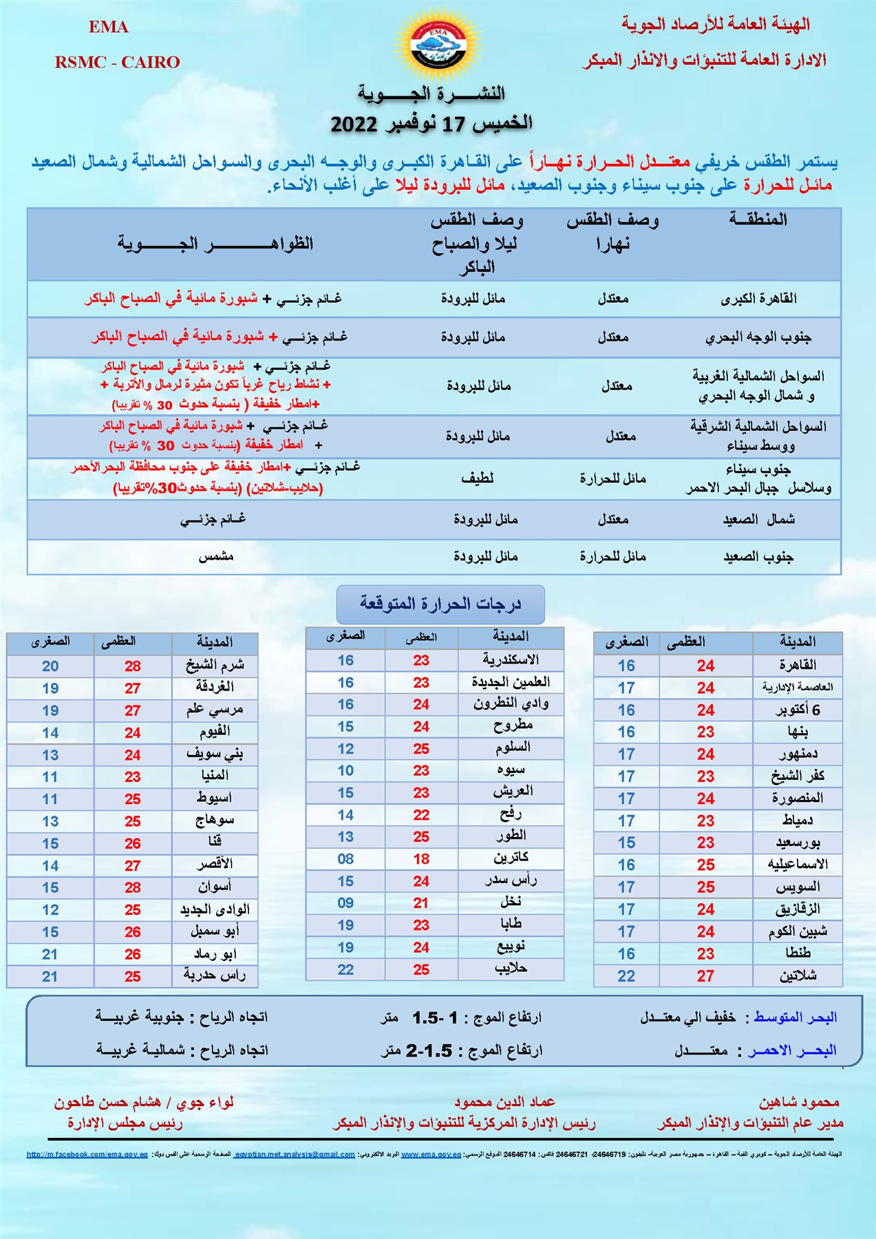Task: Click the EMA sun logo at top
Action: click(x=438, y=45)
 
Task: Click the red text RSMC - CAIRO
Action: click(x=117, y=62)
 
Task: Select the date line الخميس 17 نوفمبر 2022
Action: click(x=431, y=124)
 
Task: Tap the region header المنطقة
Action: click(x=758, y=220)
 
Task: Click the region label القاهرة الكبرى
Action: click(x=758, y=299)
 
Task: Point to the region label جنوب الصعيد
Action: click(x=758, y=556)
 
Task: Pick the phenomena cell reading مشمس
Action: click(x=216, y=556)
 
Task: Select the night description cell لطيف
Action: click(x=477, y=478)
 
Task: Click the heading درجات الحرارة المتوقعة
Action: click(x=440, y=604)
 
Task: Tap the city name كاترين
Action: click(x=511, y=858)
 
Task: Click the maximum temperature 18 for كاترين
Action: click(x=421, y=859)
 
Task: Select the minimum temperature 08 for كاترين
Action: click(x=345, y=859)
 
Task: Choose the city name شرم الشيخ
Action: click(x=215, y=666)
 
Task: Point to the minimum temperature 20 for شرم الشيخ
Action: click(x=50, y=666)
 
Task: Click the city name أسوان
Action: click(x=215, y=887)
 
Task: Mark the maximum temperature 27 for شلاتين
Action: click(x=705, y=976)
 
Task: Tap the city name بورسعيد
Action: click(x=798, y=843)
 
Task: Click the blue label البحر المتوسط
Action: click(x=795, y=1017)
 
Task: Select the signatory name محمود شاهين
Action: click(x=799, y=1102)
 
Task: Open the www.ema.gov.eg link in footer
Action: click(x=431, y=1154)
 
